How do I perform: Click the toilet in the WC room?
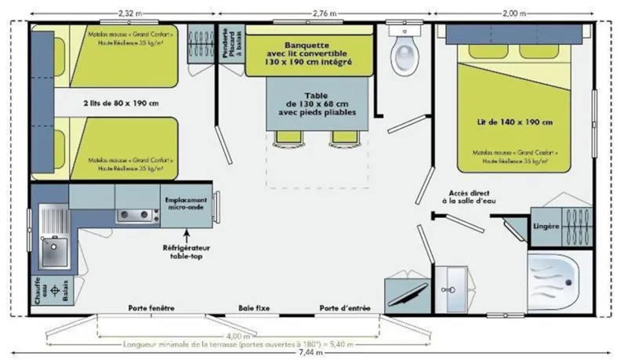pos(405,52)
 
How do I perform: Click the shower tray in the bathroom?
pos(556,277)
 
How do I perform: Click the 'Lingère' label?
pos(545,226)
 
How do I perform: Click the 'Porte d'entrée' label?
pos(345,307)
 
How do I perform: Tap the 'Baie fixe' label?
pos(253,307)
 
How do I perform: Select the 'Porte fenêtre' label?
pos(151,307)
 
